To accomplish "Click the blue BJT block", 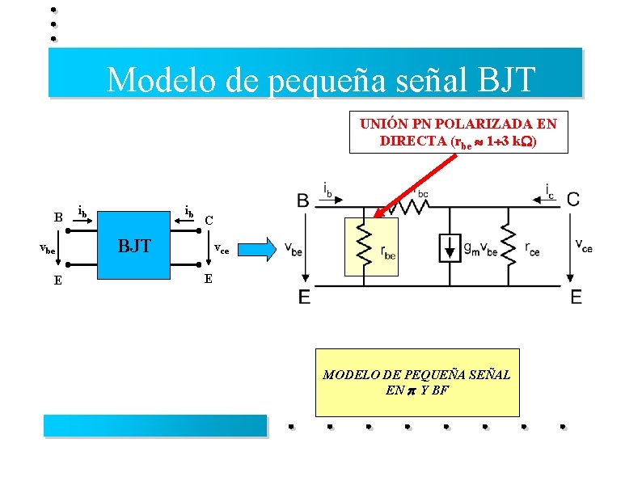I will (136, 246).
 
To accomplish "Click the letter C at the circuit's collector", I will (572, 200).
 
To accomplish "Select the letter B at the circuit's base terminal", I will (302, 200).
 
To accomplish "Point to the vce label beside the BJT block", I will (222, 250).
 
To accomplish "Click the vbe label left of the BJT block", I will (49, 250).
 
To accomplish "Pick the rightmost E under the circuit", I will (576, 297).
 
